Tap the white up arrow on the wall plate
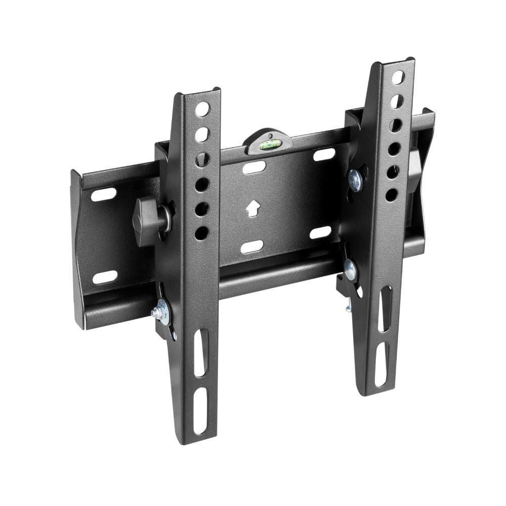click(252, 208)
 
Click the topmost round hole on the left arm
click(202, 109)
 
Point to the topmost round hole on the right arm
click(398, 77)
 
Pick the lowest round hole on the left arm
click(201, 233)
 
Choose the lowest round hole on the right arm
click(392, 195)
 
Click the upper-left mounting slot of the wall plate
click(103, 194)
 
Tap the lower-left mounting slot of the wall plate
click(105, 277)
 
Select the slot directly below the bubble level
click(254, 167)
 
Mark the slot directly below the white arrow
click(252, 247)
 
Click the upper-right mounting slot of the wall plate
click(324, 155)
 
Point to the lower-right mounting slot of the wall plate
click(320, 233)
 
